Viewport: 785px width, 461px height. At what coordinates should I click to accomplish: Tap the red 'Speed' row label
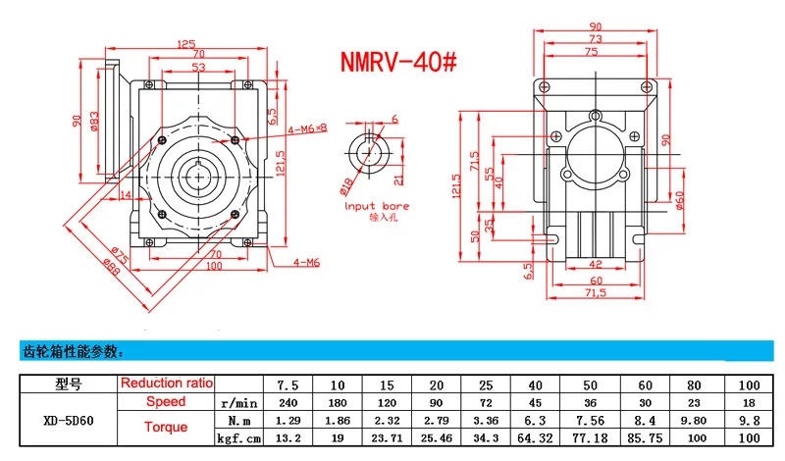point(166,402)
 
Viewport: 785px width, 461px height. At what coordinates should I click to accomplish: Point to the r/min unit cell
point(239,402)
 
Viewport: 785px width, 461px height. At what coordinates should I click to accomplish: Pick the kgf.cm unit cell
point(239,437)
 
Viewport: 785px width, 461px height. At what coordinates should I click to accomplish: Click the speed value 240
point(288,402)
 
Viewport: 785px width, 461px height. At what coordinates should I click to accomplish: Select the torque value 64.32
point(537,437)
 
